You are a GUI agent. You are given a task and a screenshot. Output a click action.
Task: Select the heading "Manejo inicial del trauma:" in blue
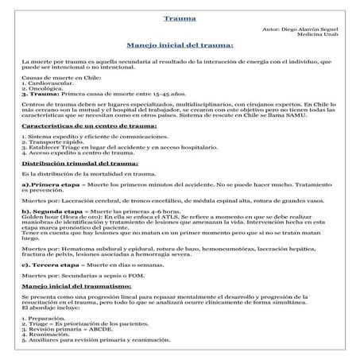180,45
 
